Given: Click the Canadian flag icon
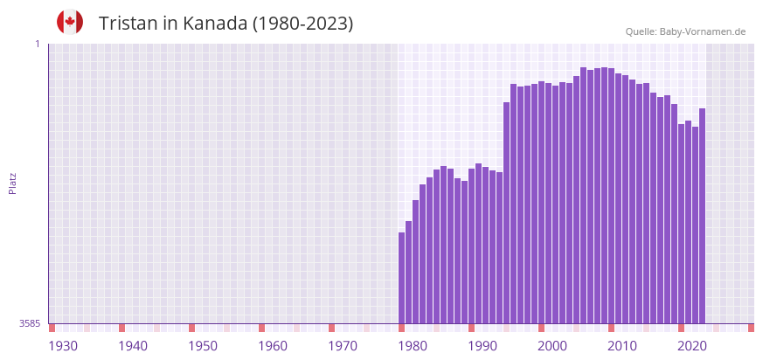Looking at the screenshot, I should coord(70,23).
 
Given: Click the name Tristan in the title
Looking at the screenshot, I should coord(130,24).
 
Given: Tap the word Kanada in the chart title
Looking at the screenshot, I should coord(215,24).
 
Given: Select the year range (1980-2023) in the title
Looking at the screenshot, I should coord(302,24).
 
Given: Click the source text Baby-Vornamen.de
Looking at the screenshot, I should coord(702,31).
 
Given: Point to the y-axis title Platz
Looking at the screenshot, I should coord(12,183).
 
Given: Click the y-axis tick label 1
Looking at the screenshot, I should coord(37,44).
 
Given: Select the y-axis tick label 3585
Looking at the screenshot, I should coord(30,323).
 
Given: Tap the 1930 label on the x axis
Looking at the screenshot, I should coord(63,346).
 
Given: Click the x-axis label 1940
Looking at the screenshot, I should coord(133,346).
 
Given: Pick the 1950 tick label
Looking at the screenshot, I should coord(203,346).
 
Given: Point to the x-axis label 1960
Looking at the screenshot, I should coord(273,346).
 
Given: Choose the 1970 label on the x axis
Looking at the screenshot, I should coord(343,346).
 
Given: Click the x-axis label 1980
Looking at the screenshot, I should coord(413,346).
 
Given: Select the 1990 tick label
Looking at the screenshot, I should coord(482,346).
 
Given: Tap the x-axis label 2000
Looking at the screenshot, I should coord(552,346).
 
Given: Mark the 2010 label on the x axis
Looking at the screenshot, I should coord(622,346).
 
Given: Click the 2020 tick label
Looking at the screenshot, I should coord(692,346).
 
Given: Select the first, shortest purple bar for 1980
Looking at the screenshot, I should coord(402,278).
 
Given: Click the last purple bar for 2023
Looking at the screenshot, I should coord(702,216).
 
